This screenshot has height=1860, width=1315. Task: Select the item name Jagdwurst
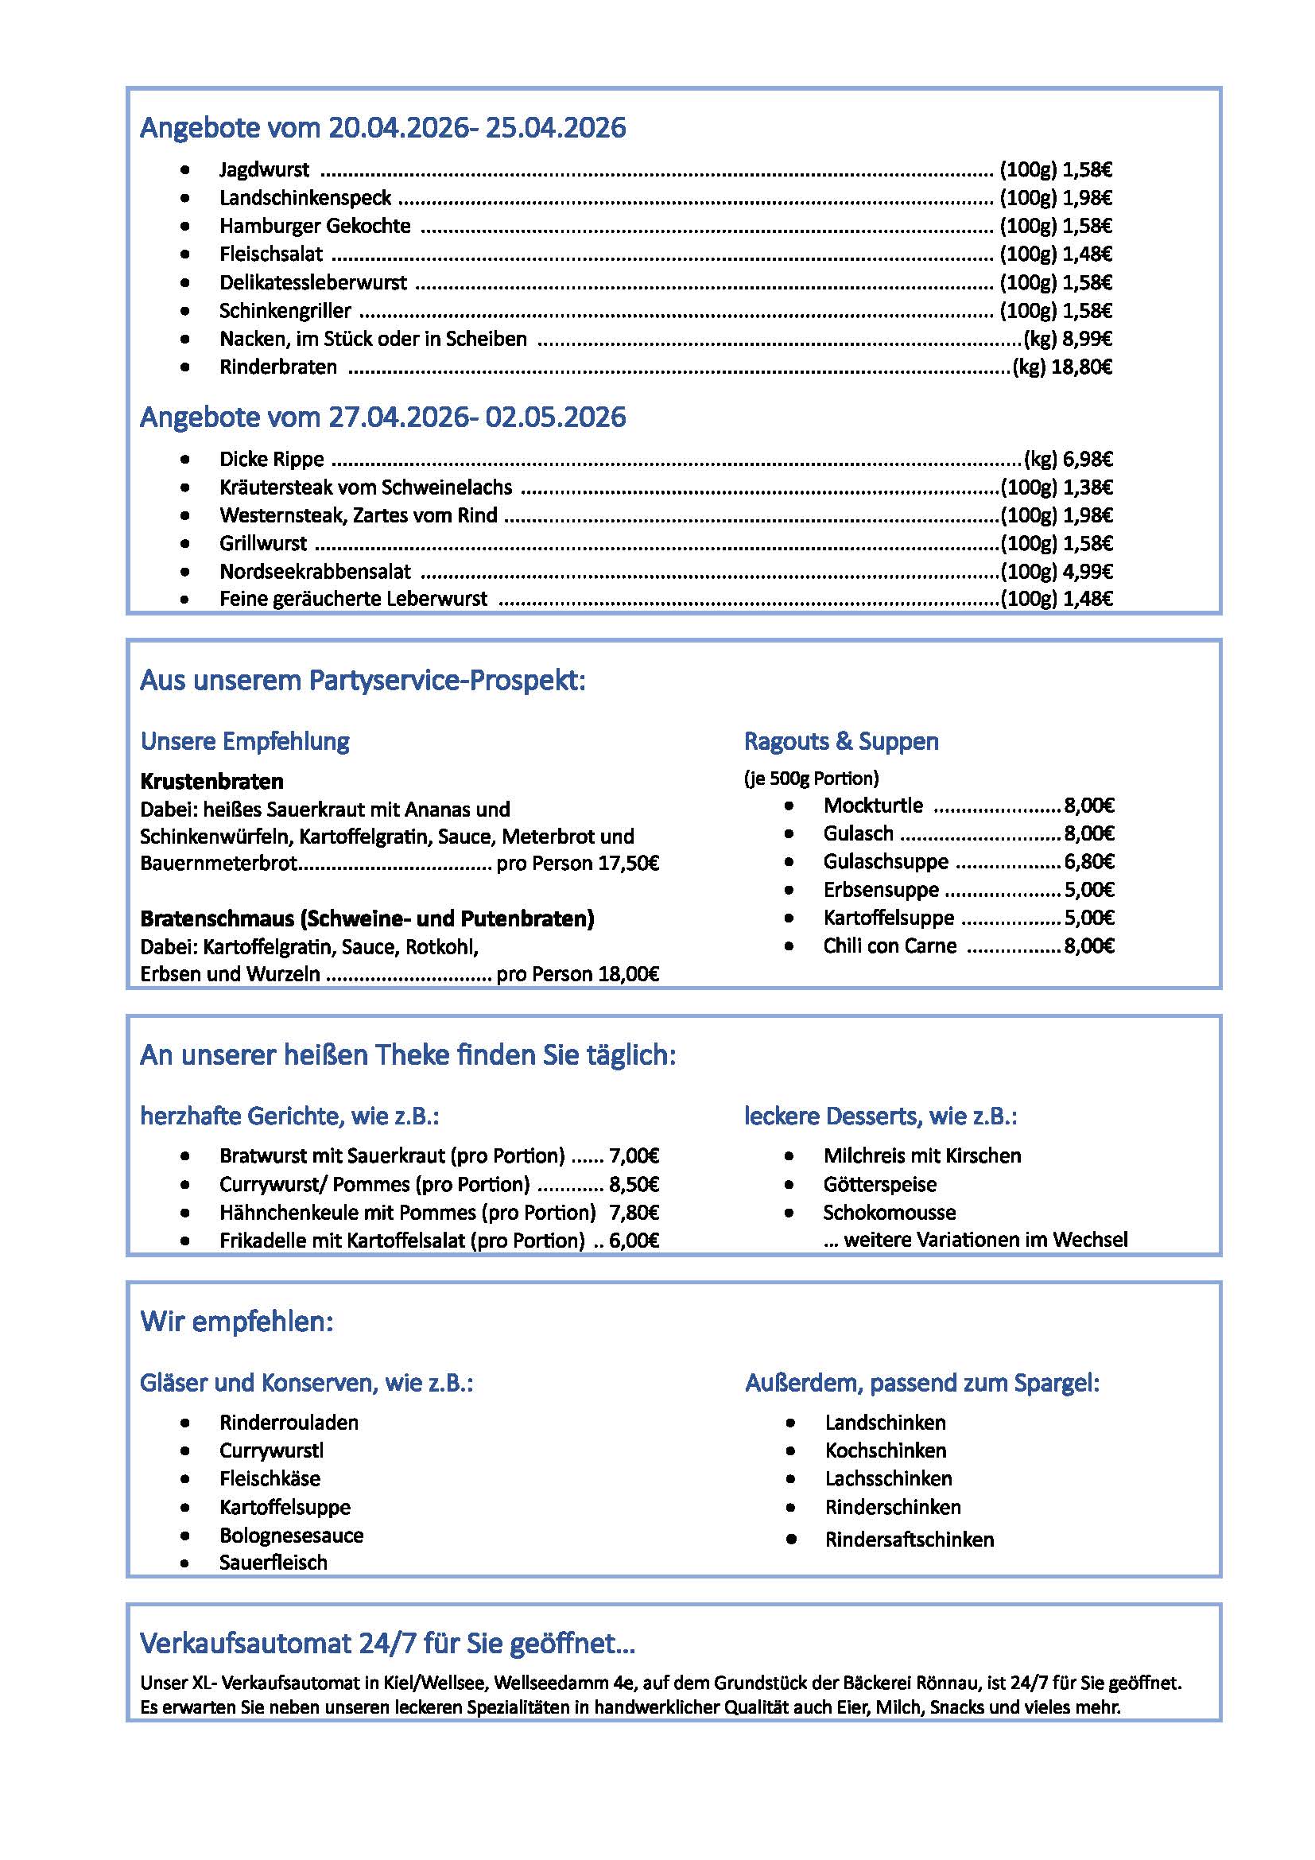pyautogui.click(x=264, y=169)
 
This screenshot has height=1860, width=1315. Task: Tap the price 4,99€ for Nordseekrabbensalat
pyautogui.click(x=1088, y=571)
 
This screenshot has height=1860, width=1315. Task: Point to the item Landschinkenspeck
pyautogui.click(x=305, y=198)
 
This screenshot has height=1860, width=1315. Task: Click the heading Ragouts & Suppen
pyautogui.click(x=841, y=740)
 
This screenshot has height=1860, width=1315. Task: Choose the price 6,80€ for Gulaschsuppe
pyautogui.click(x=1089, y=861)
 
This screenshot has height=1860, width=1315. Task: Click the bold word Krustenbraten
pyautogui.click(x=211, y=781)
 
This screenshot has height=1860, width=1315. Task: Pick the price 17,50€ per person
pyautogui.click(x=628, y=863)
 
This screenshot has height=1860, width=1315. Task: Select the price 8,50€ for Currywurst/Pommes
pyautogui.click(x=634, y=1184)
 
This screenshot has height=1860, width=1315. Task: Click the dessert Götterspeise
pyautogui.click(x=879, y=1184)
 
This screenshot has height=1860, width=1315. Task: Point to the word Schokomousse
pyautogui.click(x=889, y=1212)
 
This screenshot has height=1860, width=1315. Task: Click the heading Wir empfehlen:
pyautogui.click(x=236, y=1322)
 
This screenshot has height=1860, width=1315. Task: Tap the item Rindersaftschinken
pyautogui.click(x=910, y=1540)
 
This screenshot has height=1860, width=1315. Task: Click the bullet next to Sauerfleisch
pyautogui.click(x=186, y=1563)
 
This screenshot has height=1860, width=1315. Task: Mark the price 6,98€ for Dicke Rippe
pyautogui.click(x=1088, y=460)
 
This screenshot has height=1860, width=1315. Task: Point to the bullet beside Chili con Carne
pyautogui.click(x=789, y=946)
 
